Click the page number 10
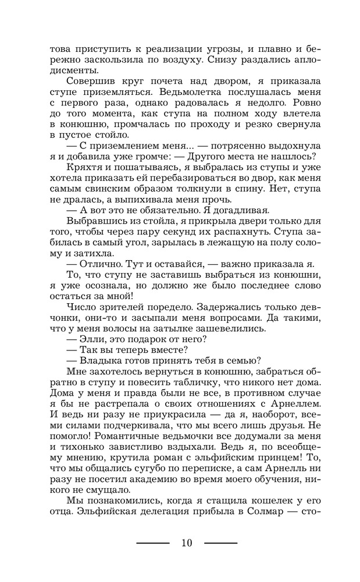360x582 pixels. point(186,543)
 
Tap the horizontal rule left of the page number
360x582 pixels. point(152,543)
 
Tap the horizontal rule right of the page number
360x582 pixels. point(221,543)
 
